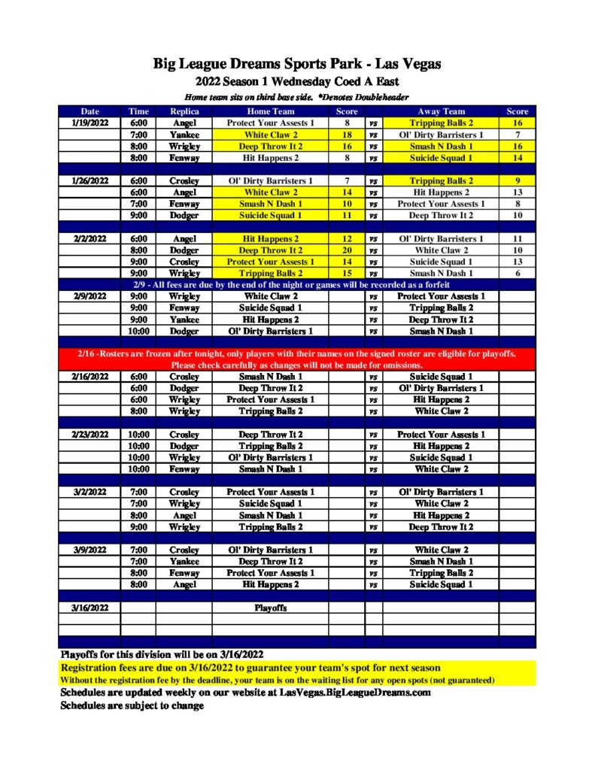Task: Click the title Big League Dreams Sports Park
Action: click(x=297, y=64)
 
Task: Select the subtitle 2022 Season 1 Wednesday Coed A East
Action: click(x=297, y=82)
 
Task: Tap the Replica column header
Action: click(x=184, y=111)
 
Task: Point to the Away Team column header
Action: click(x=442, y=111)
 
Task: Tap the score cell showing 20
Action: click(x=347, y=250)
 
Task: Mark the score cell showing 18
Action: click(x=347, y=135)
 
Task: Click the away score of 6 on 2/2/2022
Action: click(x=518, y=274)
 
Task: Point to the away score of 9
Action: click(x=518, y=181)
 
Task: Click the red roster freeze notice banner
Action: click(x=297, y=359)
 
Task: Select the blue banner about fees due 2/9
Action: click(x=297, y=285)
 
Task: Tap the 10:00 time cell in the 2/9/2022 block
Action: click(x=138, y=331)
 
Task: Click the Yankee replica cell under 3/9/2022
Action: click(x=184, y=562)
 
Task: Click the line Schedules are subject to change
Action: click(x=132, y=706)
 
